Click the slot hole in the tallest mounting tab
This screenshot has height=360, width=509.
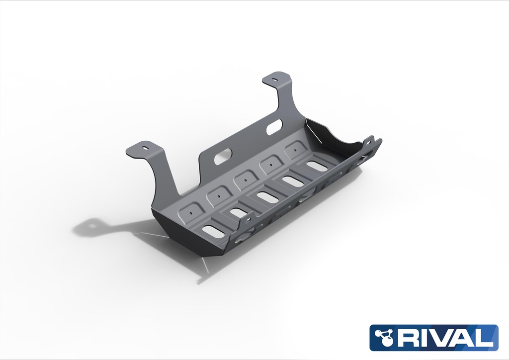click(x=275, y=79)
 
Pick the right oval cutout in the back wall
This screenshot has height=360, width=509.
click(x=273, y=129)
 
